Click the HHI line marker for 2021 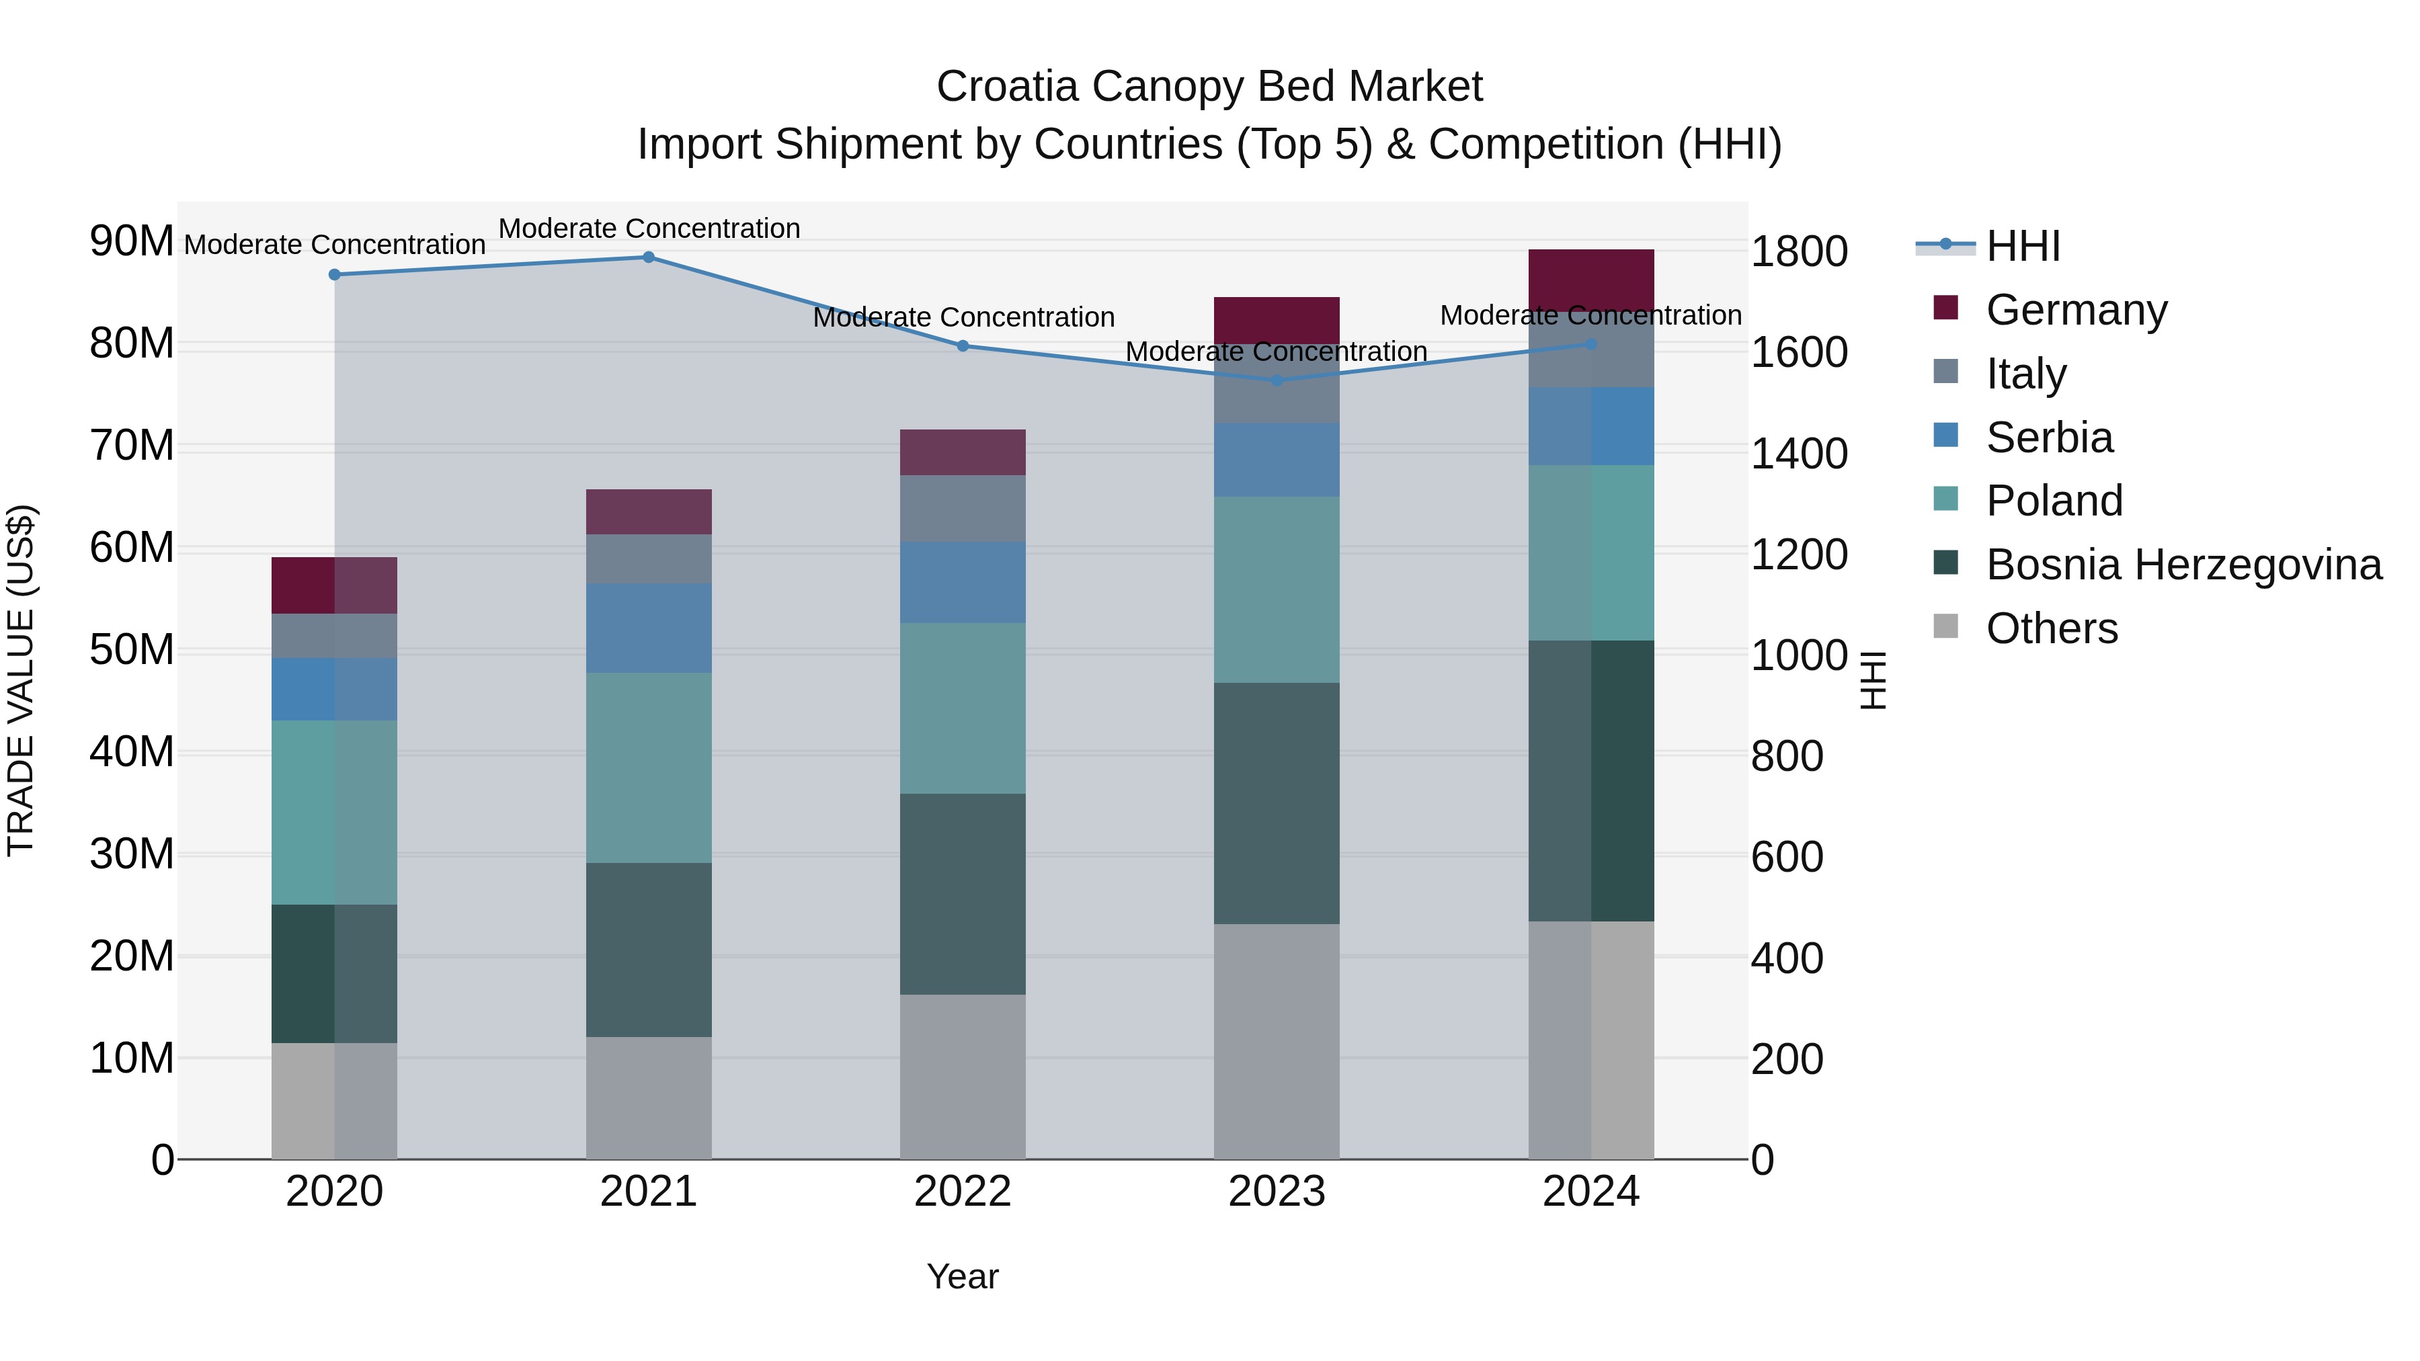[648, 257]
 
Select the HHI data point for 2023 [1277, 380]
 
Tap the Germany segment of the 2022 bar [963, 453]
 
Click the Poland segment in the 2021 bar [648, 768]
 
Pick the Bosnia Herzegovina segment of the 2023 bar [1277, 803]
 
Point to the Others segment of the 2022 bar [963, 1077]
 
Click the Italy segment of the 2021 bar [648, 559]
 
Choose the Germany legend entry [2076, 309]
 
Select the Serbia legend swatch [1945, 436]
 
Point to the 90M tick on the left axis [132, 241]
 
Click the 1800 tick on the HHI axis [1799, 252]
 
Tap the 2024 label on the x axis [1590, 1192]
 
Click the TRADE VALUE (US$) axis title [21, 680]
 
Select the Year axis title [962, 1276]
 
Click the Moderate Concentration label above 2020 [335, 244]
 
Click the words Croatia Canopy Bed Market [1209, 87]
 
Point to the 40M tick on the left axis [132, 752]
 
